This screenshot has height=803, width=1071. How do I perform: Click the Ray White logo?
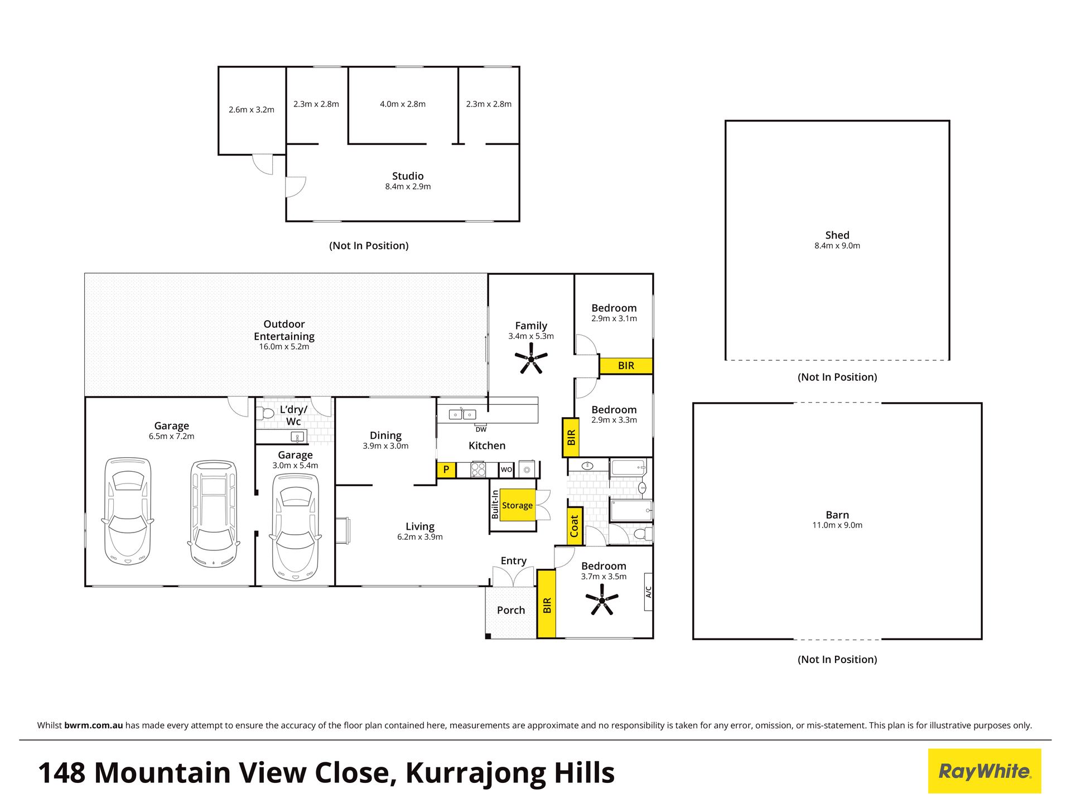(985, 771)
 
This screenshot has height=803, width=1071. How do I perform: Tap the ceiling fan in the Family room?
(531, 359)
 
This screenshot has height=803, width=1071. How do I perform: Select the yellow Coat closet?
(575, 526)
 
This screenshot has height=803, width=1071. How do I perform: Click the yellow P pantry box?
(446, 470)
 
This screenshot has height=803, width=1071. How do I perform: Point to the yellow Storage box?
(517, 505)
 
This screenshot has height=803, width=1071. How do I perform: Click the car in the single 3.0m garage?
(295, 527)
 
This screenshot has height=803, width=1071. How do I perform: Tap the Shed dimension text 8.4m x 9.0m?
(837, 245)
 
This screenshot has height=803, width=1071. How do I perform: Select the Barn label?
(837, 515)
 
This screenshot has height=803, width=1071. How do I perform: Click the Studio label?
(408, 176)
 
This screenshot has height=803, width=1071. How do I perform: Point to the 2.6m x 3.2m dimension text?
(252, 110)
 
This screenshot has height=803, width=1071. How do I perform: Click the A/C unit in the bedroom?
(648, 592)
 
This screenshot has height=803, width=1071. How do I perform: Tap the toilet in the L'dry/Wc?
(264, 413)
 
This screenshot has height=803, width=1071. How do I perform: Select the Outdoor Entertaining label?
(284, 330)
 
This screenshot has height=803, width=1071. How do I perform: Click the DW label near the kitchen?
(481, 429)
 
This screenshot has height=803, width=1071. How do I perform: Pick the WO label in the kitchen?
(506, 470)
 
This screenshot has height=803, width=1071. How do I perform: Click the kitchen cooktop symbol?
(479, 470)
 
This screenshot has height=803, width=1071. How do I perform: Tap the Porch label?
(511, 610)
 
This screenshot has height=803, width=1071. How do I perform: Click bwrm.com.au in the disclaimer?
(93, 725)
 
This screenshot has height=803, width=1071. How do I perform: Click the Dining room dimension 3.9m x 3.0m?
(385, 446)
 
